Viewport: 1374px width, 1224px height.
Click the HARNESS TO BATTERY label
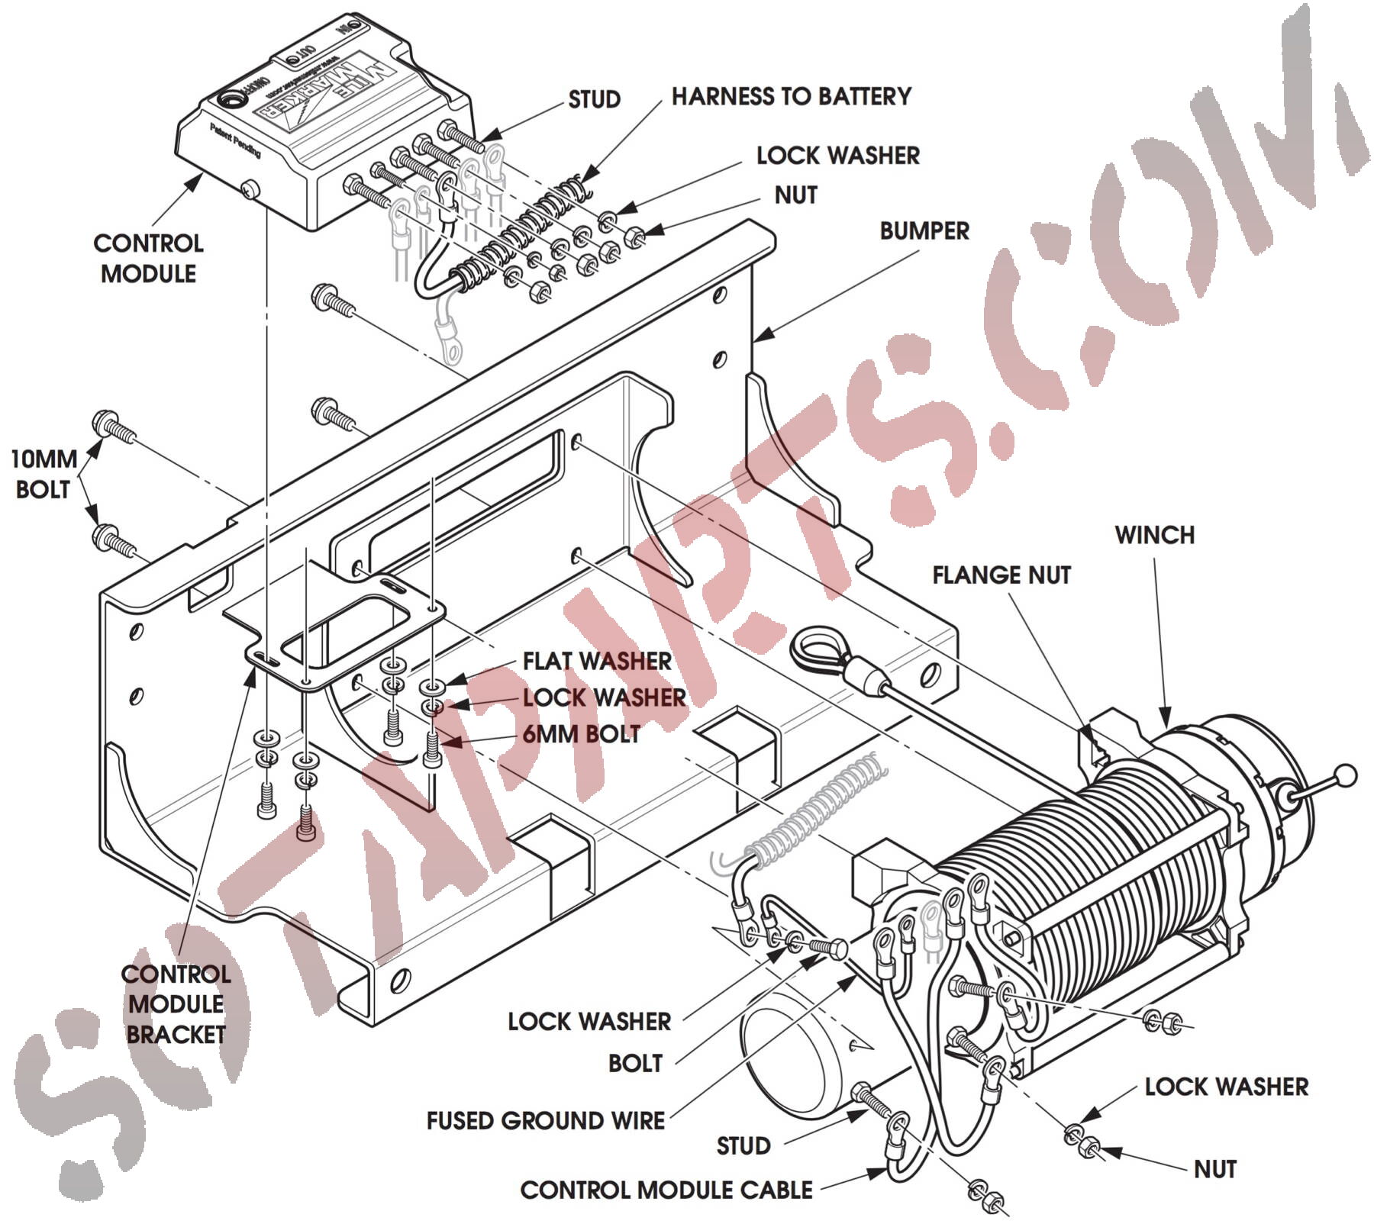(791, 96)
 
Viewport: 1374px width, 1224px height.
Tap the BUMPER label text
(924, 230)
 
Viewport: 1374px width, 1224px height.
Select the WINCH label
(1154, 535)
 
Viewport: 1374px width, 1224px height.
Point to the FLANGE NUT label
(1001, 575)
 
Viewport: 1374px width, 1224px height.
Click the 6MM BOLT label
(581, 734)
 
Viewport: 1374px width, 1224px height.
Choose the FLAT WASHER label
(597, 661)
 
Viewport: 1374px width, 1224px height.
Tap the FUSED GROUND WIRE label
(545, 1120)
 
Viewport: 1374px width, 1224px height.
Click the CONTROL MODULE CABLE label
(666, 1190)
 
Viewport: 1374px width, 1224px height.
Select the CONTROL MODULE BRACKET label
(176, 1004)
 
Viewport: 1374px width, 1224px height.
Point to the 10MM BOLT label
(44, 474)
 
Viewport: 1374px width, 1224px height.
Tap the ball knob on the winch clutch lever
(1347, 776)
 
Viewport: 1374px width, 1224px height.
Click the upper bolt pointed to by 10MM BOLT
(112, 427)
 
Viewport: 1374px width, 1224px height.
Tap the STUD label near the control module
(594, 99)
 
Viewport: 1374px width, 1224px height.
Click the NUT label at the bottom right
(1214, 1169)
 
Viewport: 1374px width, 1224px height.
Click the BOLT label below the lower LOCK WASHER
(635, 1063)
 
